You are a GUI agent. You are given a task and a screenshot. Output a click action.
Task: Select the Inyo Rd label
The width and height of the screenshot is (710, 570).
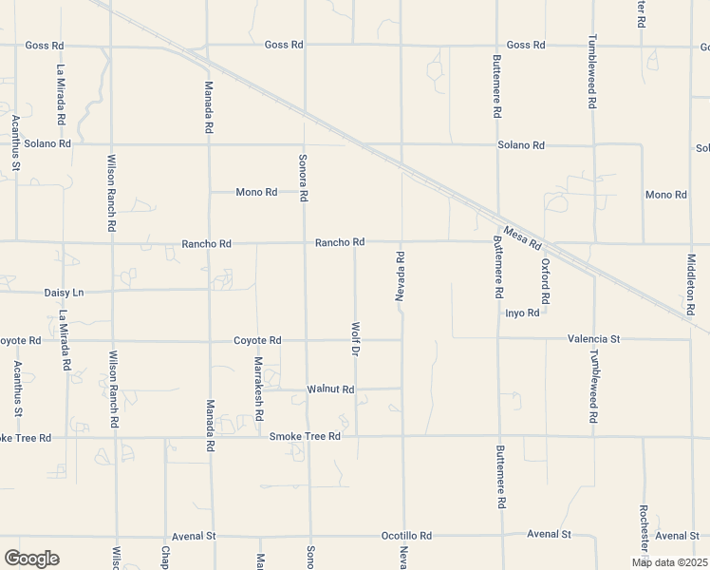(522, 313)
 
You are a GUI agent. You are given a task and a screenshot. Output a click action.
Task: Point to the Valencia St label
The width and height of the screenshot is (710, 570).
(593, 338)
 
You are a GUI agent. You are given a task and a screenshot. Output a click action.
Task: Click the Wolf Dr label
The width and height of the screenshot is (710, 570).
(356, 339)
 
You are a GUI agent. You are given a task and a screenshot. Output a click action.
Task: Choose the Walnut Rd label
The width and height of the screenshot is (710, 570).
(330, 389)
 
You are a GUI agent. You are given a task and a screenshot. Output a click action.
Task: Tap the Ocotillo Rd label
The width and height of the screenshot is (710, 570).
(406, 535)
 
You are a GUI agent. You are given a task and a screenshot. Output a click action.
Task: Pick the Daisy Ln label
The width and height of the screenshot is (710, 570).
(64, 293)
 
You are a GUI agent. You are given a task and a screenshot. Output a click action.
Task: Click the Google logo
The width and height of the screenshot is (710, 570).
(31, 559)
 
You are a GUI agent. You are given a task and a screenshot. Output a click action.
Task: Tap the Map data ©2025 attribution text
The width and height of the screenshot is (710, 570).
(668, 562)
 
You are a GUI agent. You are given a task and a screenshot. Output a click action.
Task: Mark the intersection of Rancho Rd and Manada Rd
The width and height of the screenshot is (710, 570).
(210, 242)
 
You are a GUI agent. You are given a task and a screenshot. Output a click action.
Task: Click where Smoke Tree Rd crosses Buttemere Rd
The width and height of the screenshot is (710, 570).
(498, 437)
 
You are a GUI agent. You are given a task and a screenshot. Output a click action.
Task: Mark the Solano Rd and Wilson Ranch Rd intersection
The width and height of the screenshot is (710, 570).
(111, 144)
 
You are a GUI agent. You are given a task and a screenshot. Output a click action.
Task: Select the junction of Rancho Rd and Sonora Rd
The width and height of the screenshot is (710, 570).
(305, 242)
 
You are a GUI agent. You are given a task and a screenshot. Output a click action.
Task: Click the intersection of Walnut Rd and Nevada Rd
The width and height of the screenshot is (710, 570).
(402, 388)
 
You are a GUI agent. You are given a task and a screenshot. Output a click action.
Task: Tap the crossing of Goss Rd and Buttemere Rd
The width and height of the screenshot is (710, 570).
(496, 45)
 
